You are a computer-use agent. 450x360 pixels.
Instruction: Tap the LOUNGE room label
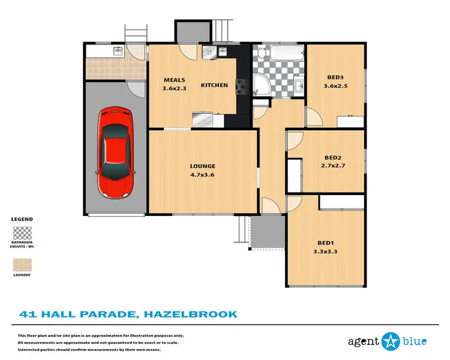(x=203, y=166)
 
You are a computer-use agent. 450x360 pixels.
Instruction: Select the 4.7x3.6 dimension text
(x=203, y=176)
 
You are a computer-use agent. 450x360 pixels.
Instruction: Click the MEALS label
(x=175, y=80)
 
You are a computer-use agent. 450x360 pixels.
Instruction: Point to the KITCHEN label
(x=214, y=85)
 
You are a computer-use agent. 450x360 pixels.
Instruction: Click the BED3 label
(x=335, y=77)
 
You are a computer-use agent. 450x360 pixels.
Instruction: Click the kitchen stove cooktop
(x=242, y=88)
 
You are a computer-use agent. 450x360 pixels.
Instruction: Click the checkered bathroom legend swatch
(x=22, y=233)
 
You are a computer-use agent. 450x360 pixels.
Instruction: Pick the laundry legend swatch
(x=22, y=265)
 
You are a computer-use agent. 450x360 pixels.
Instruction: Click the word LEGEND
(x=22, y=220)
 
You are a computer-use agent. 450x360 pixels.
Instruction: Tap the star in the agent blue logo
(x=391, y=341)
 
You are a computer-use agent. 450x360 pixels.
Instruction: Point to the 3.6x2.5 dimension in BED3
(x=335, y=86)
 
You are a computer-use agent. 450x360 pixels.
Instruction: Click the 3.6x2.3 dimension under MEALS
(x=175, y=89)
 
